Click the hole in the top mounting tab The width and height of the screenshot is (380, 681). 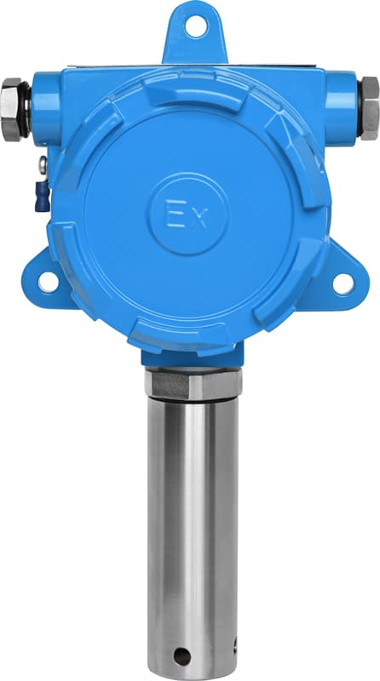point(196,26)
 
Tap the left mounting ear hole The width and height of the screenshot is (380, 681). point(48,282)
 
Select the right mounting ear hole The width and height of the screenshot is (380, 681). point(343,284)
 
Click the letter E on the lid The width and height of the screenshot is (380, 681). point(173,214)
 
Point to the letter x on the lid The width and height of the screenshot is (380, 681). point(199,220)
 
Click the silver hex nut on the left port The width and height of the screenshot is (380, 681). point(11,110)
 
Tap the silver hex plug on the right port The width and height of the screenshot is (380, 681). point(370,108)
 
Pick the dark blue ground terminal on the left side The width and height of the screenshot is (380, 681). point(42,196)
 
